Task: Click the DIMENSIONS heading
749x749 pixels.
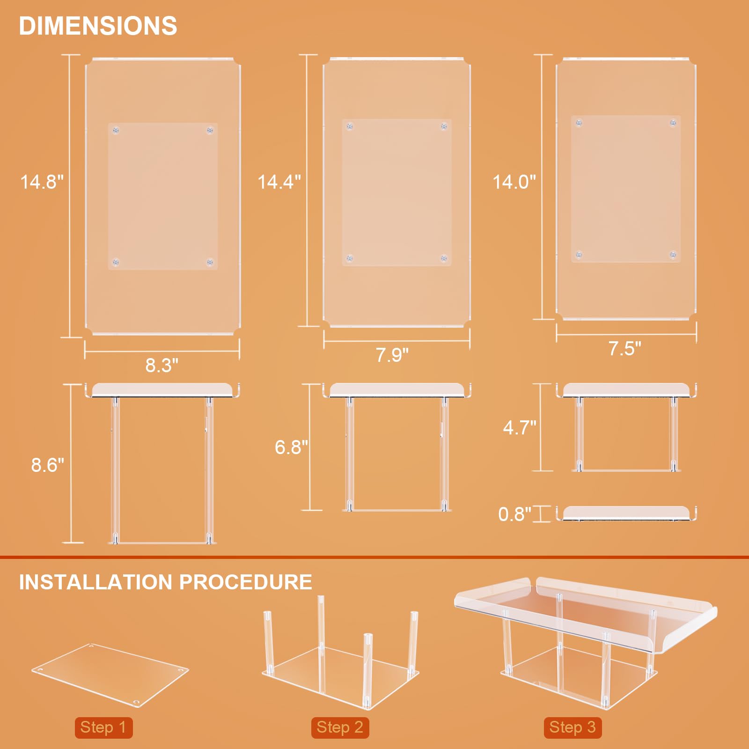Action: pos(98,26)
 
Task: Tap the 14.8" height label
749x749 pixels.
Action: pos(42,182)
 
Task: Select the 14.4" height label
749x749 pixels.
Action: pos(279,182)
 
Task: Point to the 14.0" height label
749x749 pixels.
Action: pos(514,182)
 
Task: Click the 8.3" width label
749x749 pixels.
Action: pos(162,365)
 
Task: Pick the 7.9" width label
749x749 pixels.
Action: pos(392,355)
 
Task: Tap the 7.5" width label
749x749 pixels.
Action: pos(624,348)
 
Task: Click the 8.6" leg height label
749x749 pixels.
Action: pos(47,465)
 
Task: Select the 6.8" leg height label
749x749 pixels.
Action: pos(291,447)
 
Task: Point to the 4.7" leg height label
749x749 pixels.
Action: pos(520,427)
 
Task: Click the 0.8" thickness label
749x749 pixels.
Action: pos(514,514)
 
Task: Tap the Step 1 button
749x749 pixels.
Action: pos(103,727)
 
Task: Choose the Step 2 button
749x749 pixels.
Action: pos(340,727)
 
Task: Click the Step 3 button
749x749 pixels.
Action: pos(573,727)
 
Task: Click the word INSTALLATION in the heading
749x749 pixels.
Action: pos(95,582)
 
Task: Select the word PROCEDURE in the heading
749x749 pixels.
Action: pos(245,582)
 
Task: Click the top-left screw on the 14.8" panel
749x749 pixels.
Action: pos(116,130)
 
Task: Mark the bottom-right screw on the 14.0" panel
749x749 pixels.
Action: pos(673,255)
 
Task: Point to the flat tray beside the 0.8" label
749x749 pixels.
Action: pos(626,513)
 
